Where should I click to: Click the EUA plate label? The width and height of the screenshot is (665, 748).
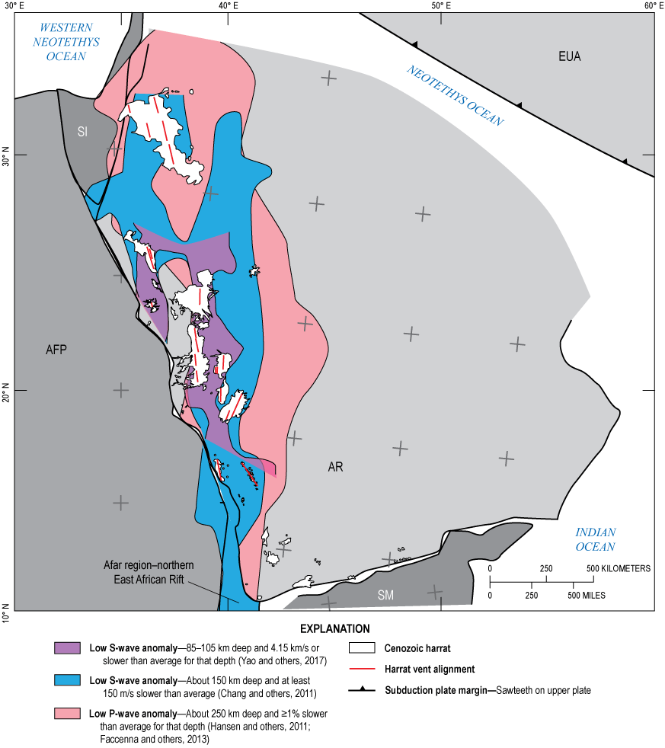coord(569,56)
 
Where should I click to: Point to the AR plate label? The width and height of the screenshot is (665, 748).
coord(335,467)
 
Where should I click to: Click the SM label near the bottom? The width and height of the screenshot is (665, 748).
coord(385,595)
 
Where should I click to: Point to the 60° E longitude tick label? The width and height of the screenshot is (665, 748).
coord(653,7)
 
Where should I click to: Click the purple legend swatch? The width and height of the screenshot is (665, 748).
coord(68,648)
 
